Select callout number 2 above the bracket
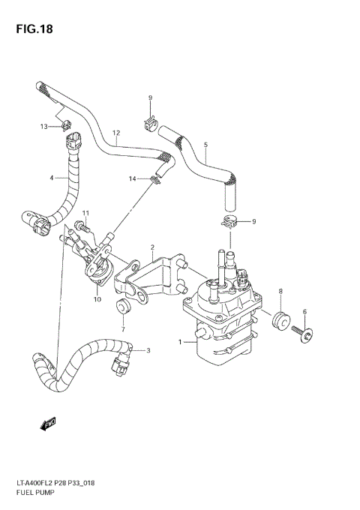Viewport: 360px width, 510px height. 151,247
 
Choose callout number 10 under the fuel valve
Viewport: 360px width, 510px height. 97,299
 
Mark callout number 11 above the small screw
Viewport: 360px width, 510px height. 85,214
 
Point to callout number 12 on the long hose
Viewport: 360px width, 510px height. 116,133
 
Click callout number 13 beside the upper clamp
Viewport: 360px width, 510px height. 43,127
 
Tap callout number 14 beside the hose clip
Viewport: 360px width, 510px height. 131,178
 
